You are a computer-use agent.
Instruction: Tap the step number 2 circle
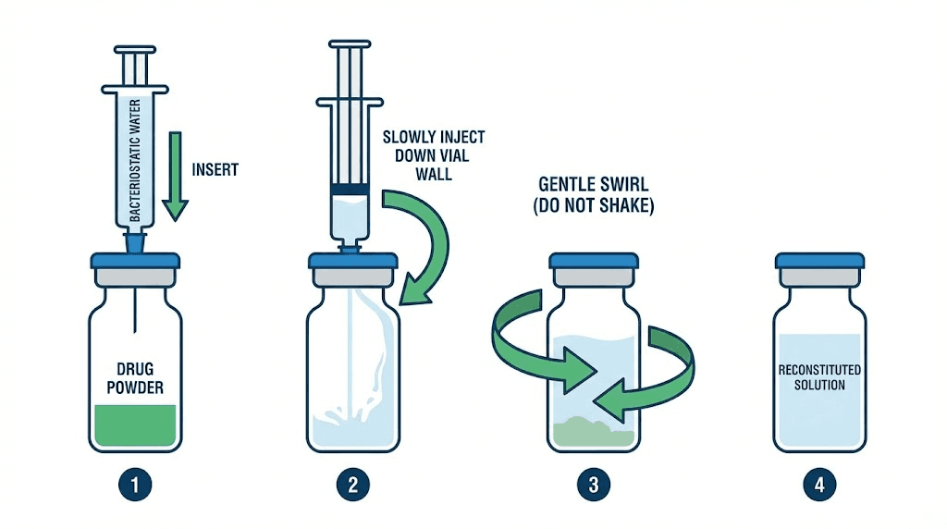click(x=352, y=484)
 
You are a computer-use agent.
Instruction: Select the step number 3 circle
click(x=593, y=484)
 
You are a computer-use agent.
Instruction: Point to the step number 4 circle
click(x=819, y=484)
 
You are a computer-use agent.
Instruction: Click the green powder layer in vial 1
click(x=135, y=424)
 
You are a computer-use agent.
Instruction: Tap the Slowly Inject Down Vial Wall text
click(x=433, y=154)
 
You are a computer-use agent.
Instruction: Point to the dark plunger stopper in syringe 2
click(x=352, y=191)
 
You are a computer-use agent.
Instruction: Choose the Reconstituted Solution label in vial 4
click(x=819, y=376)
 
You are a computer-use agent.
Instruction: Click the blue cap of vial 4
click(x=819, y=261)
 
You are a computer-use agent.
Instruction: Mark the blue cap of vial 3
click(x=594, y=261)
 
